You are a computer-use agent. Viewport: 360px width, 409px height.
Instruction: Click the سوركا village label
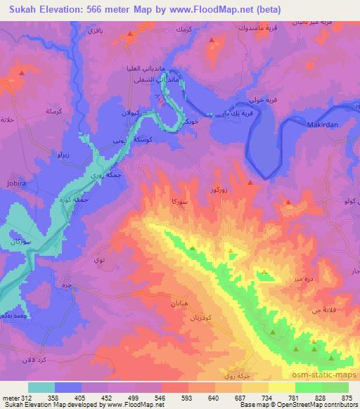pyautogui.click(x=177, y=201)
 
